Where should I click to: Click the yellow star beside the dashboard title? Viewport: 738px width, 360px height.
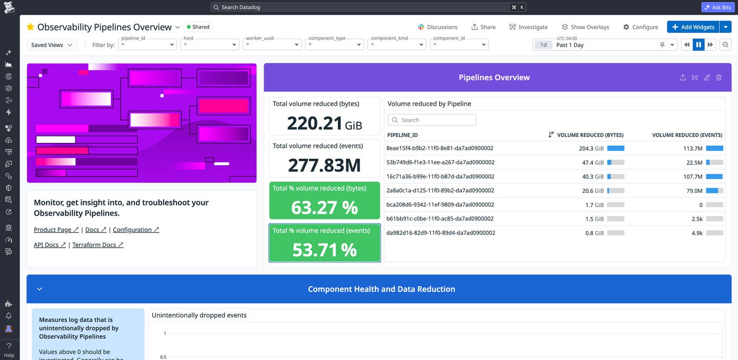click(31, 27)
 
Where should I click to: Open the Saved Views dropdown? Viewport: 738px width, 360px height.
click(52, 45)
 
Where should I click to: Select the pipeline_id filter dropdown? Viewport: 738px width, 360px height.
click(147, 45)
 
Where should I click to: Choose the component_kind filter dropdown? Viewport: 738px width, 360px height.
click(397, 45)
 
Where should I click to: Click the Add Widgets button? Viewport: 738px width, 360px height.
click(693, 27)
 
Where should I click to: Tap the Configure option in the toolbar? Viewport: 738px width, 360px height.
click(640, 27)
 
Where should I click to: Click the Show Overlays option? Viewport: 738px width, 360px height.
click(585, 27)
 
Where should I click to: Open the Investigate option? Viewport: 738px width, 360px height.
click(528, 27)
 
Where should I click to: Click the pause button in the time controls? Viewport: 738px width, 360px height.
click(698, 45)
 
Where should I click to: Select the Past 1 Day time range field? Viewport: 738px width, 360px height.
click(606, 45)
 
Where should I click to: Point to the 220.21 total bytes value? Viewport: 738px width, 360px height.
click(315, 123)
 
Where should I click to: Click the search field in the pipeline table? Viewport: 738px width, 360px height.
click(432, 120)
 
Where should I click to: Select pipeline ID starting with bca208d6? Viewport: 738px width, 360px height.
click(440, 205)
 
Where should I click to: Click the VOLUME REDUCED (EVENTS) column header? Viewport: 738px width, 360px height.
click(687, 135)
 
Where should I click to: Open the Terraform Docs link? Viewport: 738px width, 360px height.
click(98, 245)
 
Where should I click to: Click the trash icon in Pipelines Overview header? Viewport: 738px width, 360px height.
click(719, 77)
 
